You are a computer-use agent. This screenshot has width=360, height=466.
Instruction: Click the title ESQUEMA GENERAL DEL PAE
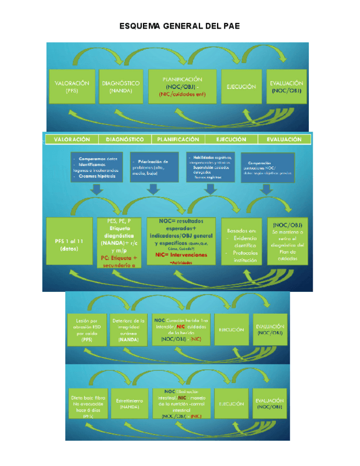pyautogui.click(x=180, y=26)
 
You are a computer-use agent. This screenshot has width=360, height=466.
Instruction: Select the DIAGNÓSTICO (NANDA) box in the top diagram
pyautogui.click(x=121, y=87)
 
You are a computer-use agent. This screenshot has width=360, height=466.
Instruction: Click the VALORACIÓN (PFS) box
pyautogui.click(x=72, y=87)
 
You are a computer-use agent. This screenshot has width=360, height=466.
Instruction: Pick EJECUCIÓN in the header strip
pyautogui.click(x=231, y=140)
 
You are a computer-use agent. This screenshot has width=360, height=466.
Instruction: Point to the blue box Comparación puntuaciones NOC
pyautogui.click(x=267, y=168)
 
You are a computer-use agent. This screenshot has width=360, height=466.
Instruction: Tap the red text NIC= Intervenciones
pyautogui.click(x=181, y=256)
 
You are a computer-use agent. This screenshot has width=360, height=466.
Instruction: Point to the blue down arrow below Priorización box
pyautogui.click(x=152, y=188)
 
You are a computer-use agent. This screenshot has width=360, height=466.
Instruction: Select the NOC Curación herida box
pyautogui.click(x=181, y=330)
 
